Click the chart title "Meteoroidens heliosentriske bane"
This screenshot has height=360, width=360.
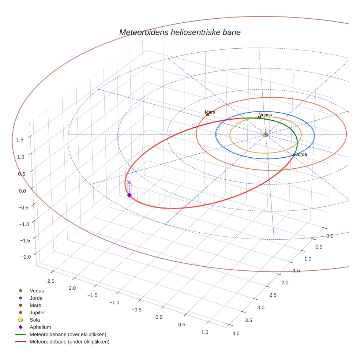point(180,32)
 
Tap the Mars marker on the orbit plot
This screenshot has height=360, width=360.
point(207,115)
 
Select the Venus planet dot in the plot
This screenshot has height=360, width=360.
point(259,117)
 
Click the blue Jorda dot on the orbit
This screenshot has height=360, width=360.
point(294,155)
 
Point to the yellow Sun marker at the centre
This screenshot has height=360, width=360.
point(266,135)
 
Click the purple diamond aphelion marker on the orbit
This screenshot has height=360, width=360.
point(129,195)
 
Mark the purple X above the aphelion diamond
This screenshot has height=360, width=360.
point(129,182)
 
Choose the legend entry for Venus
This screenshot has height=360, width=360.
point(37,290)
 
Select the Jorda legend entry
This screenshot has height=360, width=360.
point(36,298)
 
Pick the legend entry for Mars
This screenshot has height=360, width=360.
point(35,305)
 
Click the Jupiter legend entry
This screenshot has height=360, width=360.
point(37,312)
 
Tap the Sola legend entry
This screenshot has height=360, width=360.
point(35,320)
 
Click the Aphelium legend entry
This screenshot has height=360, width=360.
point(40,327)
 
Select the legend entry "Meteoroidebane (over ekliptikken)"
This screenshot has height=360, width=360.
point(68,334)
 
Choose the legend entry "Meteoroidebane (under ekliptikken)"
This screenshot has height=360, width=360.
point(70,342)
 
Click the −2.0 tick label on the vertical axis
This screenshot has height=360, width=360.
point(26,257)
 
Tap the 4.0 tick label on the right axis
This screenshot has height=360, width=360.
point(236,333)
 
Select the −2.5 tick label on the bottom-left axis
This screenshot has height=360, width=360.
point(49,281)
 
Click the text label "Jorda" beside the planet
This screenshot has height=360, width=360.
point(301,154)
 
